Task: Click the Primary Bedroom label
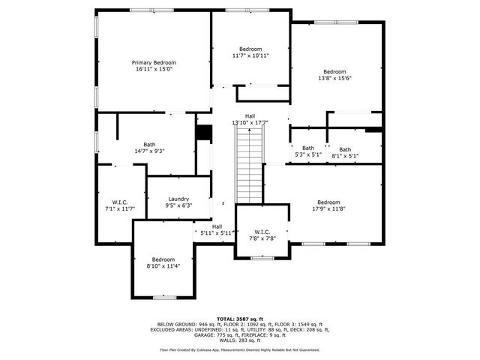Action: [154, 62]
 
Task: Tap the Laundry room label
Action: [178, 199]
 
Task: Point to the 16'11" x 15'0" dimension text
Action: [154, 69]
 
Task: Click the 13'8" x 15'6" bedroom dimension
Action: [334, 78]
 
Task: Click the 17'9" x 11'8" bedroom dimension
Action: [328, 208]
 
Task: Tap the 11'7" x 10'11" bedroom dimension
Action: [250, 55]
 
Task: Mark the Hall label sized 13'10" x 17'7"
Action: [250, 115]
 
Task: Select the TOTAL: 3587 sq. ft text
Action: [240, 319]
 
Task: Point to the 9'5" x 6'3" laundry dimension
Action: [178, 205]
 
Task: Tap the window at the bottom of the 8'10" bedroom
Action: [164, 298]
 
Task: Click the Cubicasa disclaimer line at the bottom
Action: [240, 349]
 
